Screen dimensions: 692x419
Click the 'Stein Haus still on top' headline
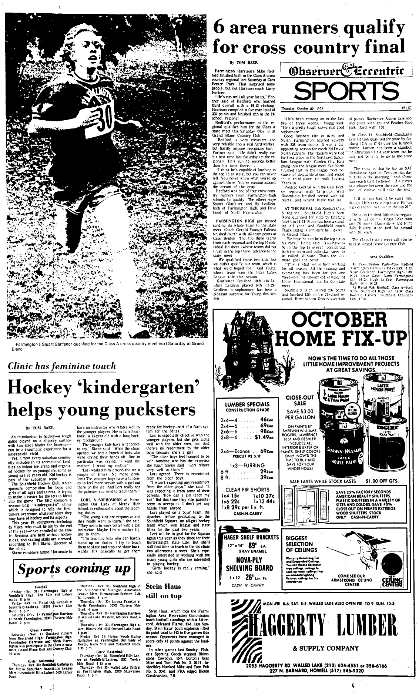point(164,591)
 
